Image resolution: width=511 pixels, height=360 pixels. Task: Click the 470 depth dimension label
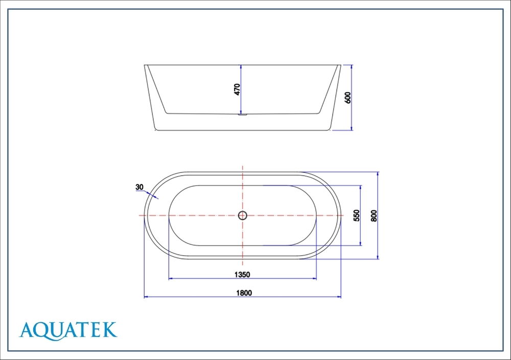pyautogui.click(x=237, y=89)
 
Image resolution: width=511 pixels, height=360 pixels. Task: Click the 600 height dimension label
pyautogui.click(x=347, y=98)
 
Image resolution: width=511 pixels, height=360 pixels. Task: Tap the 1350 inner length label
pyautogui.click(x=242, y=275)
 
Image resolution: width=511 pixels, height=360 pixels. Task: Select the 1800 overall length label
pyautogui.click(x=244, y=293)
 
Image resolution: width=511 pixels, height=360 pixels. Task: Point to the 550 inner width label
pyautogui.click(x=357, y=215)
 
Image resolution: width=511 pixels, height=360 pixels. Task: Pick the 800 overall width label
pyautogui.click(x=374, y=215)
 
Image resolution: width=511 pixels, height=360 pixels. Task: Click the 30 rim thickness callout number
pyautogui.click(x=139, y=187)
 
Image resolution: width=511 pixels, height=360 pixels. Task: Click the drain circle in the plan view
pyautogui.click(x=242, y=215)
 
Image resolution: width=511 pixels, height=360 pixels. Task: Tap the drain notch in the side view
pyautogui.click(x=242, y=114)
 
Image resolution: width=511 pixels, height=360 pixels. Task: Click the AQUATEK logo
pyautogui.click(x=68, y=331)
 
